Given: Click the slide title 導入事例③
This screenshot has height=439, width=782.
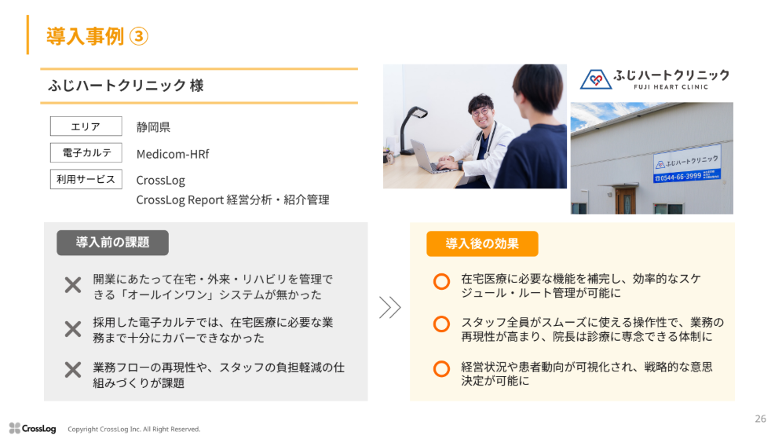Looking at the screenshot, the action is point(97,36).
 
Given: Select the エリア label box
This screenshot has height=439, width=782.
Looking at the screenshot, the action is point(86,126).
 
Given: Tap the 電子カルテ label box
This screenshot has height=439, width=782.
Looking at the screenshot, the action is point(86,152).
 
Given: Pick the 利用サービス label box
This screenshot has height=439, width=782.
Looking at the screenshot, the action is point(86,179).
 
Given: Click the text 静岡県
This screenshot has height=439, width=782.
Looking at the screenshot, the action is point(153,127).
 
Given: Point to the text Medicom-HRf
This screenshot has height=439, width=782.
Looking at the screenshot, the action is point(173,154).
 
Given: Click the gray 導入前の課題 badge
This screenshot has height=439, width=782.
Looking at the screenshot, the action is point(112,243).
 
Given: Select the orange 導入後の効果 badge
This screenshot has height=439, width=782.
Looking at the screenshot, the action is point(482,243).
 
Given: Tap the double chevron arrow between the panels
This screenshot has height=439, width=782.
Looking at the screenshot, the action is point(389,307).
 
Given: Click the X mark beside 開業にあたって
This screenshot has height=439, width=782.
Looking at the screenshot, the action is point(73,285).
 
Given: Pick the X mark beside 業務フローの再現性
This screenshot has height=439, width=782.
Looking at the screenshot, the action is point(73,370).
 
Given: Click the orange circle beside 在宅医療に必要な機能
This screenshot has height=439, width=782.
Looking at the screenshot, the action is point(441,281).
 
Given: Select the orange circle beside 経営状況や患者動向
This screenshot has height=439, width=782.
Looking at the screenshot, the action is point(441,368).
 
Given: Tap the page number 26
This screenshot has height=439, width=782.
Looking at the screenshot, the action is point(760,419).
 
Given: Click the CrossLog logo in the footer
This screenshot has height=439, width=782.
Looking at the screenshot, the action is point(32,429).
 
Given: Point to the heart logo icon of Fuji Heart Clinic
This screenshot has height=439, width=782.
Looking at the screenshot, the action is point(595,79).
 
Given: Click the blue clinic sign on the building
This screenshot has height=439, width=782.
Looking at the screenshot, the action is point(687,164).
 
